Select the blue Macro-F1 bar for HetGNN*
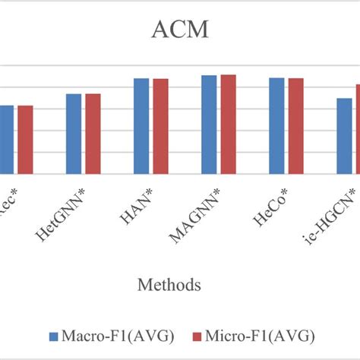pyautogui.click(x=74, y=134)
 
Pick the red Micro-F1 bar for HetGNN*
pyautogui.click(x=93, y=134)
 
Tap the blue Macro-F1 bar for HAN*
pyautogui.click(x=141, y=127)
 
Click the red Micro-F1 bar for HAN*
pyautogui.click(x=160, y=127)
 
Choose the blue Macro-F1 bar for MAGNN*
pyautogui.click(x=209, y=125)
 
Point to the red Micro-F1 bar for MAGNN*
pyautogui.click(x=228, y=125)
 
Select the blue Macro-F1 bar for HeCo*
pyautogui.click(x=276, y=127)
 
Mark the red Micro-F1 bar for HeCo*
pyautogui.click(x=295, y=127)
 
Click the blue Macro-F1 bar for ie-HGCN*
pyautogui.click(x=344, y=137)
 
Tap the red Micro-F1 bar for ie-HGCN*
pyautogui.click(x=358, y=130)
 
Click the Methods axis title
pyautogui.click(x=169, y=286)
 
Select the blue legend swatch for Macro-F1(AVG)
pyautogui.click(x=54, y=336)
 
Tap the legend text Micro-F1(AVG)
pyautogui.click(x=258, y=336)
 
